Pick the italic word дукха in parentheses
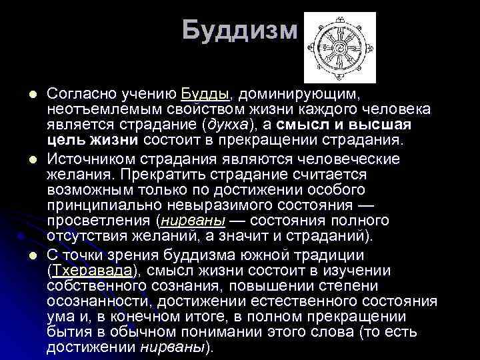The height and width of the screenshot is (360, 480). [227, 125]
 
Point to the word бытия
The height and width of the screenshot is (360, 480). [67, 332]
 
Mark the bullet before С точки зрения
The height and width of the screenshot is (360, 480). [31, 255]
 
